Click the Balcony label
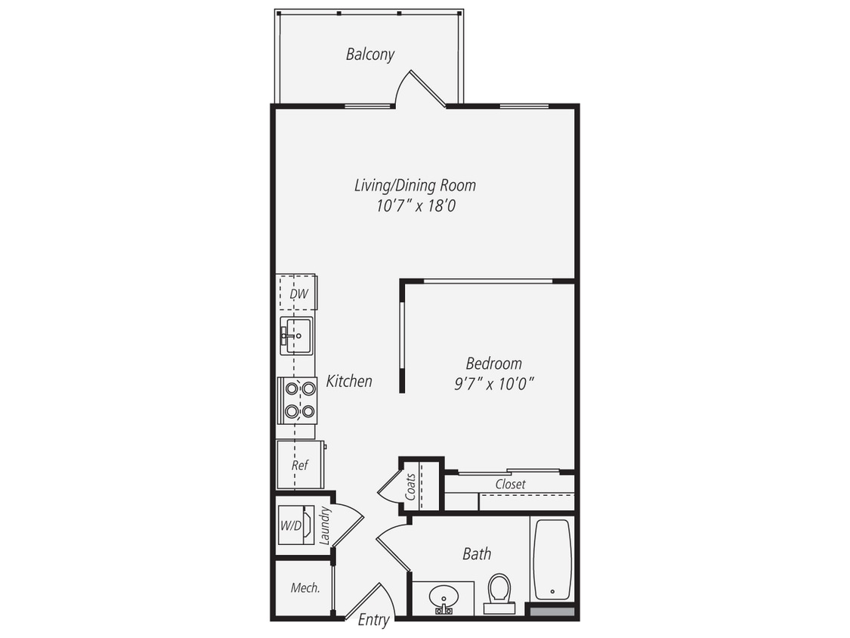click(x=370, y=54)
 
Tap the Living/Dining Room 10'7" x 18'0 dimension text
click(x=416, y=206)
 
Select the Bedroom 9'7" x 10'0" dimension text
click(x=493, y=383)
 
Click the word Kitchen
click(x=349, y=381)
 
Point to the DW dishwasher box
click(x=298, y=293)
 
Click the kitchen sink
click(x=298, y=336)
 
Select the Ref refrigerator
click(x=300, y=465)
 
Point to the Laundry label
click(x=326, y=526)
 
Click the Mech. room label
click(x=305, y=587)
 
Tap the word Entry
click(x=373, y=621)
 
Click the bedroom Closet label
click(x=510, y=484)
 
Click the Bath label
click(x=477, y=554)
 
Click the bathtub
click(x=552, y=559)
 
